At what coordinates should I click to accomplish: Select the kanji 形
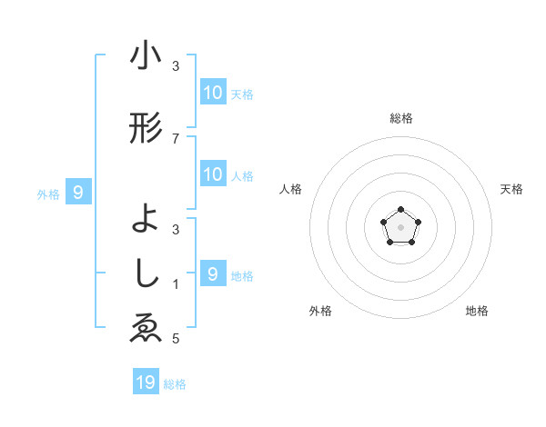click(146, 129)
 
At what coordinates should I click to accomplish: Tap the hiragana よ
click(146, 219)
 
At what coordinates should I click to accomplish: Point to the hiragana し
click(146, 273)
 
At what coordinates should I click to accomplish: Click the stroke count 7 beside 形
click(176, 138)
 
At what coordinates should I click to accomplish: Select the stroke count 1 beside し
click(176, 284)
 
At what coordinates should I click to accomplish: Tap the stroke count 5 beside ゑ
click(176, 339)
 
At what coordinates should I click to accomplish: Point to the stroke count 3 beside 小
click(176, 65)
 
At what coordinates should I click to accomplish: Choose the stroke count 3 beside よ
click(176, 229)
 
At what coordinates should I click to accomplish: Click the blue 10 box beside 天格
click(213, 93)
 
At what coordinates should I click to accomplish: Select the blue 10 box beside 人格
click(213, 174)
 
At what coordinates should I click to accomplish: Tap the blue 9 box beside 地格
click(213, 274)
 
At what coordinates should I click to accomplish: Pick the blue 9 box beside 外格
click(78, 193)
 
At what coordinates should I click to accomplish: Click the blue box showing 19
click(146, 382)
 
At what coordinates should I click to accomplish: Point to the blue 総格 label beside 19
click(175, 384)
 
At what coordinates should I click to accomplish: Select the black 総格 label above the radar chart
click(400, 118)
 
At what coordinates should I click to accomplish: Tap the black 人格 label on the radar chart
click(290, 189)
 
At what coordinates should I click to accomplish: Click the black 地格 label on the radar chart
click(477, 311)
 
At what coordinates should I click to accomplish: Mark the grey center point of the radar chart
click(399, 226)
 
